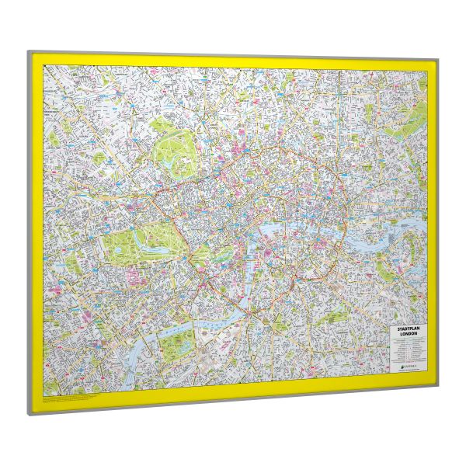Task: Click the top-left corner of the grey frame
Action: [29, 53]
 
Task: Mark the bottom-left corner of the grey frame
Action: [30, 414]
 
